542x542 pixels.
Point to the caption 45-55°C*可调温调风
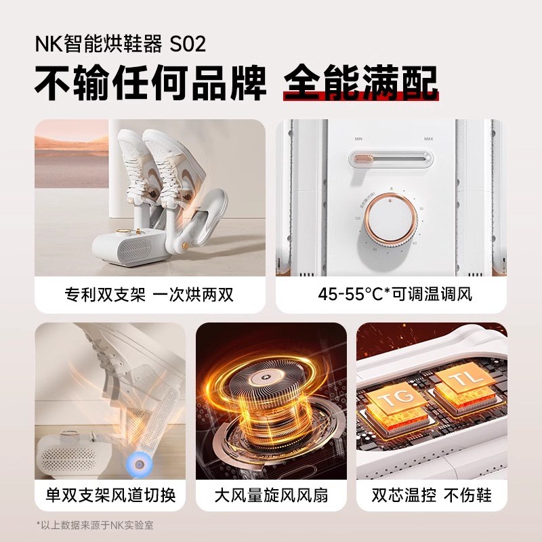[391, 295]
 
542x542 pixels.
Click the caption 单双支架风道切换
[109, 496]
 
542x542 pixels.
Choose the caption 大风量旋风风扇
[270, 496]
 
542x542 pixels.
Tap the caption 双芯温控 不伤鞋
[432, 496]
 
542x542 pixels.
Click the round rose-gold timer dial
[391, 220]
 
